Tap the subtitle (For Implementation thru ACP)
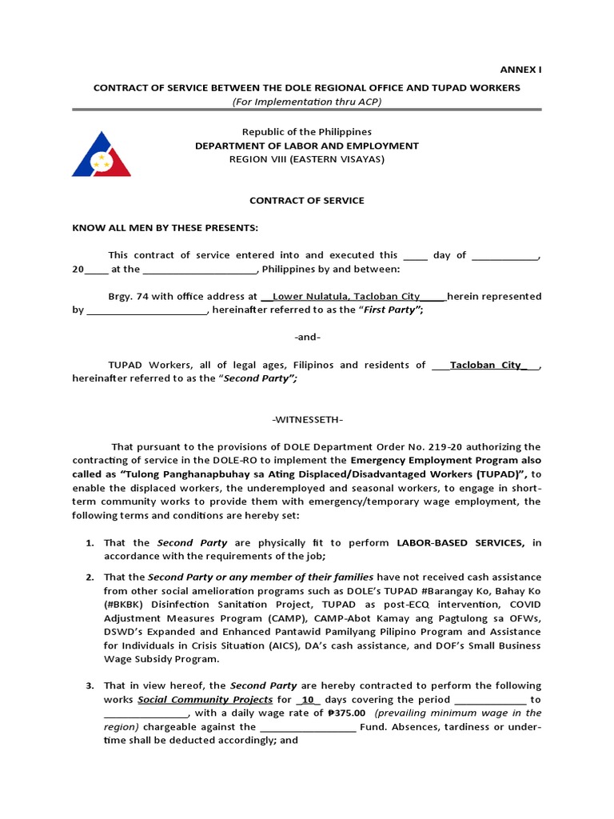[x=307, y=102]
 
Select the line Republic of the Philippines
[x=307, y=132]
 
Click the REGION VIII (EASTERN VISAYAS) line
[x=307, y=159]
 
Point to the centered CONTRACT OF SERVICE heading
[x=307, y=201]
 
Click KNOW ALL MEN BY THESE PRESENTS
[x=165, y=228]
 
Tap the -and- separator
[x=307, y=338]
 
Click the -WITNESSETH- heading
[x=307, y=420]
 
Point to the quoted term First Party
[x=392, y=310]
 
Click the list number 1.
[x=90, y=543]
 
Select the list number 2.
[x=90, y=577]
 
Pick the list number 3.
[x=90, y=686]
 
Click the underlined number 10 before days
[x=305, y=700]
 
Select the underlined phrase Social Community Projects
[x=205, y=700]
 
